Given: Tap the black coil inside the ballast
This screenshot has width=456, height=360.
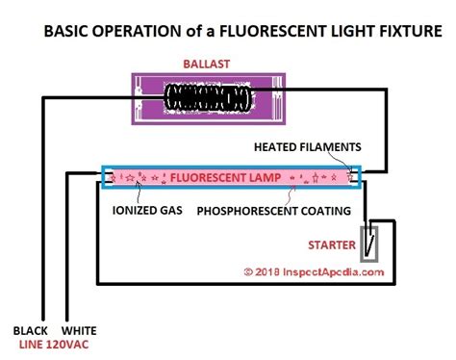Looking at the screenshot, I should point(208,97).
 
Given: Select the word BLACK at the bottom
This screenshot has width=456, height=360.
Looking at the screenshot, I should point(30,328).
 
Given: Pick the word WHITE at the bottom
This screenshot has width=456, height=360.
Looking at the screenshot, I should point(79,328).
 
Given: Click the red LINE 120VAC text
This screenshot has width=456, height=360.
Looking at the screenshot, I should point(53,344).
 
